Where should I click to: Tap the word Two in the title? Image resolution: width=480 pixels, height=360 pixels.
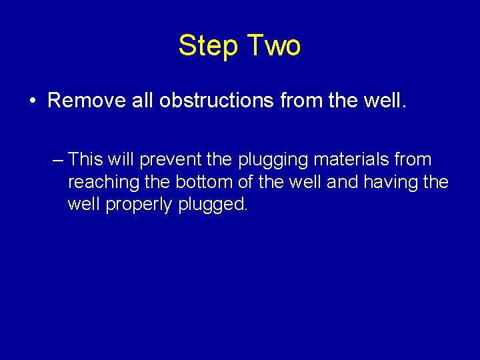tap(274, 46)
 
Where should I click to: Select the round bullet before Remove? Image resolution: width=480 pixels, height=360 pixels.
tap(32, 101)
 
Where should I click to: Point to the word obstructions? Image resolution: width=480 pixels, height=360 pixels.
tap(207, 101)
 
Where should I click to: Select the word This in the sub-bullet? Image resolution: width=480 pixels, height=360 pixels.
tap(85, 160)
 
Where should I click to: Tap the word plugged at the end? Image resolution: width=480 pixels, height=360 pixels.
tap(213, 204)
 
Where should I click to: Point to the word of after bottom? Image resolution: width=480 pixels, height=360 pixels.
tap(245, 182)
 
